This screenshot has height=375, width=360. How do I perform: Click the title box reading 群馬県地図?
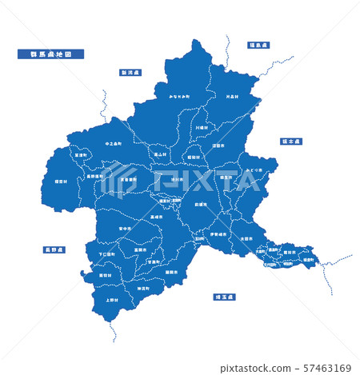[x=50, y=54]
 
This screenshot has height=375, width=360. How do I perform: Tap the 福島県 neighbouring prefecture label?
[x=260, y=46]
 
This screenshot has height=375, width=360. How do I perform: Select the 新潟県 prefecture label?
[x=130, y=72]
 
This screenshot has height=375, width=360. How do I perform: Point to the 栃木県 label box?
[x=290, y=141]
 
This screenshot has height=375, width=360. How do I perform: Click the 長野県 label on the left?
[x=54, y=249]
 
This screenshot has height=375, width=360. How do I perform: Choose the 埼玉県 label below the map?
[x=225, y=297]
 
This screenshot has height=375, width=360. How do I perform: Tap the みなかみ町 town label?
[x=179, y=96]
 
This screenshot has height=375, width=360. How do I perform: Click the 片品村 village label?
[x=233, y=97]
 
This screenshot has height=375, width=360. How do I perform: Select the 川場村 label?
[x=201, y=126]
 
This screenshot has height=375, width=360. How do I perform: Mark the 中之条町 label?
[x=114, y=144]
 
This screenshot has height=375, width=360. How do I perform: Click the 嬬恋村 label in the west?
[x=61, y=182]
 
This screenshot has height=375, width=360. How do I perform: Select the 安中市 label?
[x=125, y=229]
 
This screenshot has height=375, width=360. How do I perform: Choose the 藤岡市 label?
[x=170, y=271]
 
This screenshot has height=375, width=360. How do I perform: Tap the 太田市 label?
[x=246, y=238]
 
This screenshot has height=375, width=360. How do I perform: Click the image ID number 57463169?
[x=329, y=369]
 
